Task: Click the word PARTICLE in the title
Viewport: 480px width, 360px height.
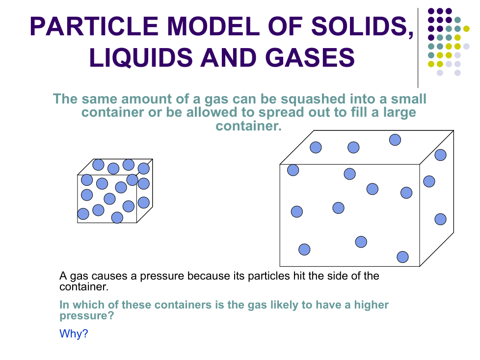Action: pos(94,26)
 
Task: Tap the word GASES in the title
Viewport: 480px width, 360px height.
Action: pos(310,57)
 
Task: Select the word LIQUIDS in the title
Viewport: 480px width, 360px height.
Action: pos(141,58)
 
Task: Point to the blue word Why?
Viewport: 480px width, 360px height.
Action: pos(74,334)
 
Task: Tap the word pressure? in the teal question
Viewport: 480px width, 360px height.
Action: pos(87,316)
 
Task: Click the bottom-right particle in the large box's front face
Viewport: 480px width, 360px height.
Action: pos(402,257)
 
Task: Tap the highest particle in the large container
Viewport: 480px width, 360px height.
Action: pos(395,140)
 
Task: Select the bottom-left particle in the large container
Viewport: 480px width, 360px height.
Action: pos(304,249)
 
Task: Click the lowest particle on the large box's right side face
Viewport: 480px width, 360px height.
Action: pos(441,219)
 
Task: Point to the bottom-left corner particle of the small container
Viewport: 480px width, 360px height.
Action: pos(83,214)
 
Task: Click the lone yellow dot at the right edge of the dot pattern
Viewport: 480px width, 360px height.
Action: pos(466,29)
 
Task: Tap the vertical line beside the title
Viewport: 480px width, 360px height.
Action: pos(418,48)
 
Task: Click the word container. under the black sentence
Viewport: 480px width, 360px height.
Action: pos(84,287)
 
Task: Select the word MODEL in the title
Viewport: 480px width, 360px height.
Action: pos(213,26)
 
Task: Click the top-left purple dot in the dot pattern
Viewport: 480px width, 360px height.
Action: pos(431,11)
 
